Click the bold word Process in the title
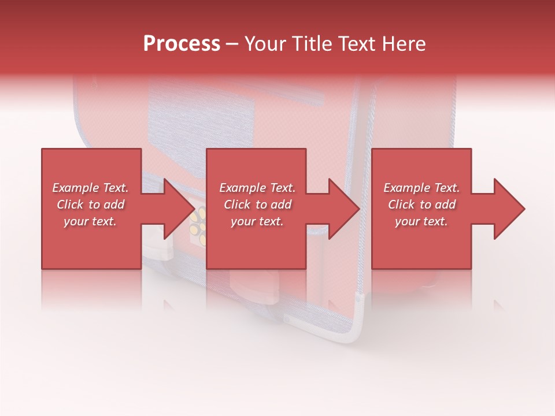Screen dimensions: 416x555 pyautogui.click(x=182, y=44)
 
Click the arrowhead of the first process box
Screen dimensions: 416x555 pyautogui.click(x=173, y=209)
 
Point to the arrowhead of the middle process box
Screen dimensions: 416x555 pyautogui.click(x=341, y=209)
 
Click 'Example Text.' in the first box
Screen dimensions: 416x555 pyautogui.click(x=90, y=188)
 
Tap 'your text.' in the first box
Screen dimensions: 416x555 pyautogui.click(x=90, y=221)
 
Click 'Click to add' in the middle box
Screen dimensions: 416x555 pyautogui.click(x=257, y=205)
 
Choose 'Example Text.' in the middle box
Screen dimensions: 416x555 pyautogui.click(x=257, y=188)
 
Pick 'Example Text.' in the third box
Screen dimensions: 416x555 pyautogui.click(x=421, y=188)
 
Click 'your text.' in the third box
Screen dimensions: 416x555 pyautogui.click(x=421, y=221)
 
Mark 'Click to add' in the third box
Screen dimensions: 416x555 pyautogui.click(x=421, y=205)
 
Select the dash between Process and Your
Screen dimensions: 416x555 pyautogui.click(x=232, y=44)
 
